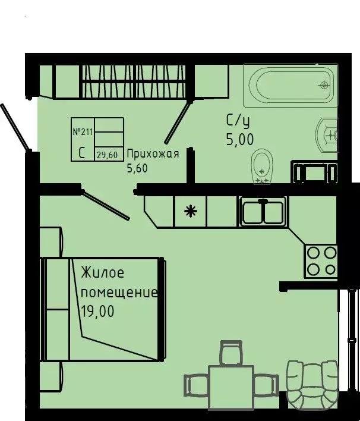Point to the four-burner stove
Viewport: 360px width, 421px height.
pos(321,262)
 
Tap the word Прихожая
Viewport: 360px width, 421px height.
pos(153,155)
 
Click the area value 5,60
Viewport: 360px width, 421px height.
pos(137,168)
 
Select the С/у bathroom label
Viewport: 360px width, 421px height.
pos(238,121)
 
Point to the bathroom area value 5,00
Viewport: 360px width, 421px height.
pos(239,140)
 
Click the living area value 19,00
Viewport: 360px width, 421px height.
pos(97,311)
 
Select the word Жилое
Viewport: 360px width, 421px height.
pos(102,274)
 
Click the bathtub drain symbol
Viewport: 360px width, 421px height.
pos(324,85)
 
